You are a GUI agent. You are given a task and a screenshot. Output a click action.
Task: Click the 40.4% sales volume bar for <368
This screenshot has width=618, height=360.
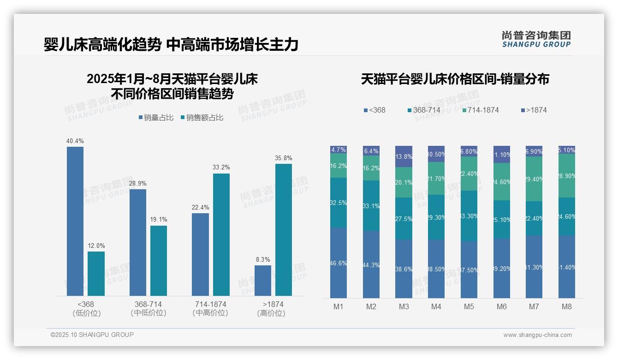click(x=75, y=221)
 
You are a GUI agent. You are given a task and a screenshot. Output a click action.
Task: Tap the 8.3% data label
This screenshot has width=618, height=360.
click(x=263, y=259)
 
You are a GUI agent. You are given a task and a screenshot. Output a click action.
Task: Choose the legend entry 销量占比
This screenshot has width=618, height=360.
click(x=156, y=118)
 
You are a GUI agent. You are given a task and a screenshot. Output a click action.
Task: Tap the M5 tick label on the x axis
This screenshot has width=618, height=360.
click(x=469, y=306)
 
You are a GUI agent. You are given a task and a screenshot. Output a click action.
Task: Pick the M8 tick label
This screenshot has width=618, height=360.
click(x=566, y=306)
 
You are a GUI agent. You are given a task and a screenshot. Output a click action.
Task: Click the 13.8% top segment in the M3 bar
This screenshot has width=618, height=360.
click(x=404, y=156)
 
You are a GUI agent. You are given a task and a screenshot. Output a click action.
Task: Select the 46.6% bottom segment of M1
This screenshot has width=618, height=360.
click(x=339, y=263)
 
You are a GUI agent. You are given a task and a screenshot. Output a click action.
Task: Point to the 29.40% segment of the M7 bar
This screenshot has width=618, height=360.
click(x=534, y=179)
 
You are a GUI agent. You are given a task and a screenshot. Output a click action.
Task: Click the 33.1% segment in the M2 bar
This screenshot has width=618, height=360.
click(x=371, y=205)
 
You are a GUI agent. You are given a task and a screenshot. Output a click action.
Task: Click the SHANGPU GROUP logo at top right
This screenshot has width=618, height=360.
click(x=536, y=39)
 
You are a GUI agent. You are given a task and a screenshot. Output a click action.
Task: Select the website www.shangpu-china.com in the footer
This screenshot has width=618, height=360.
click(x=537, y=335)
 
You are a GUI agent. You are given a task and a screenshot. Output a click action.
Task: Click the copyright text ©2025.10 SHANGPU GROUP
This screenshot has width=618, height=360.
click(x=92, y=335)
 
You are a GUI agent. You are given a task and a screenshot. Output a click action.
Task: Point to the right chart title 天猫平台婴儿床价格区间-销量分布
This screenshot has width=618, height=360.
click(x=455, y=79)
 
